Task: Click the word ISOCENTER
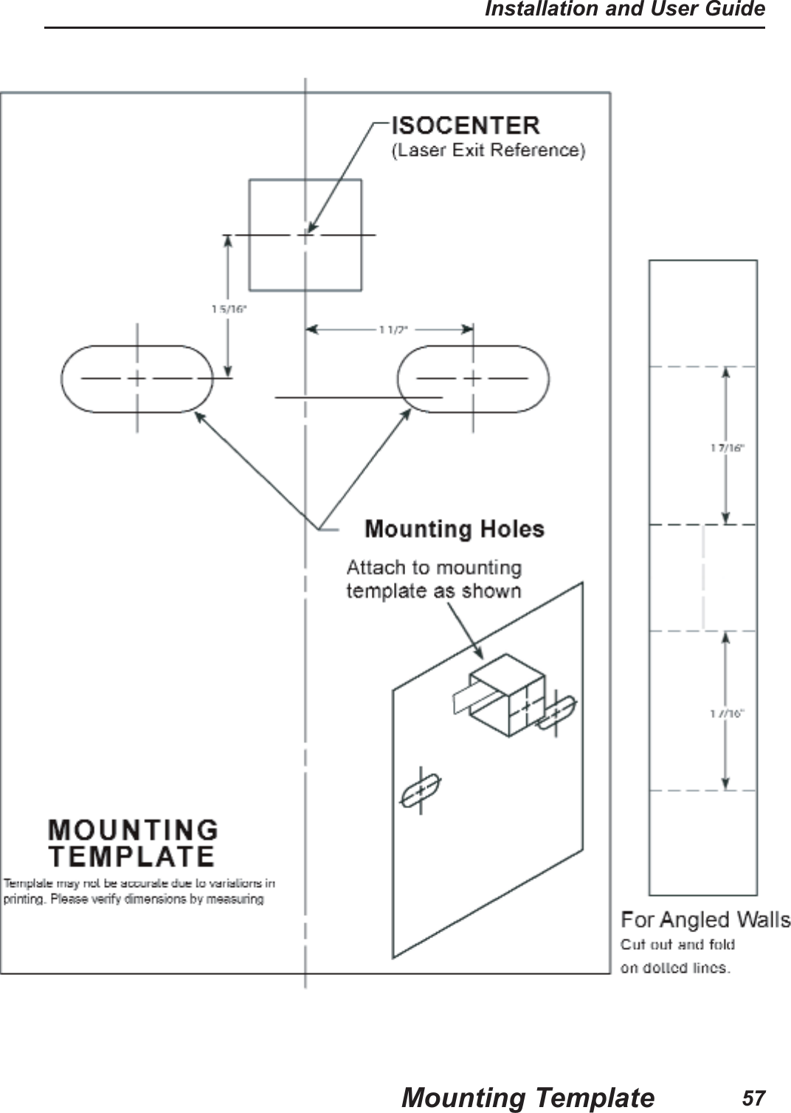click(x=465, y=125)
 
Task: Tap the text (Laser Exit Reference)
click(x=488, y=151)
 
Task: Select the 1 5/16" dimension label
click(x=229, y=310)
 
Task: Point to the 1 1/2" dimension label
click(x=393, y=330)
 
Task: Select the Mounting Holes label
click(x=455, y=529)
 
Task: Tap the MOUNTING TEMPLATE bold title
click(x=133, y=844)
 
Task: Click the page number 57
click(x=753, y=1098)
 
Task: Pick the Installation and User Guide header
click(x=624, y=10)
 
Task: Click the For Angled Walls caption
click(x=705, y=920)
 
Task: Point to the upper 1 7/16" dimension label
click(x=728, y=447)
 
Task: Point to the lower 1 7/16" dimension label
click(x=728, y=713)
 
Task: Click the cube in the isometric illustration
click(x=508, y=694)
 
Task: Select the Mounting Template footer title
click(x=528, y=1098)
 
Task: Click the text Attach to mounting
click(x=434, y=568)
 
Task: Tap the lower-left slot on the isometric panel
click(x=420, y=791)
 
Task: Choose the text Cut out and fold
click(x=677, y=945)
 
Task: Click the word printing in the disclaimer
click(x=24, y=899)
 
